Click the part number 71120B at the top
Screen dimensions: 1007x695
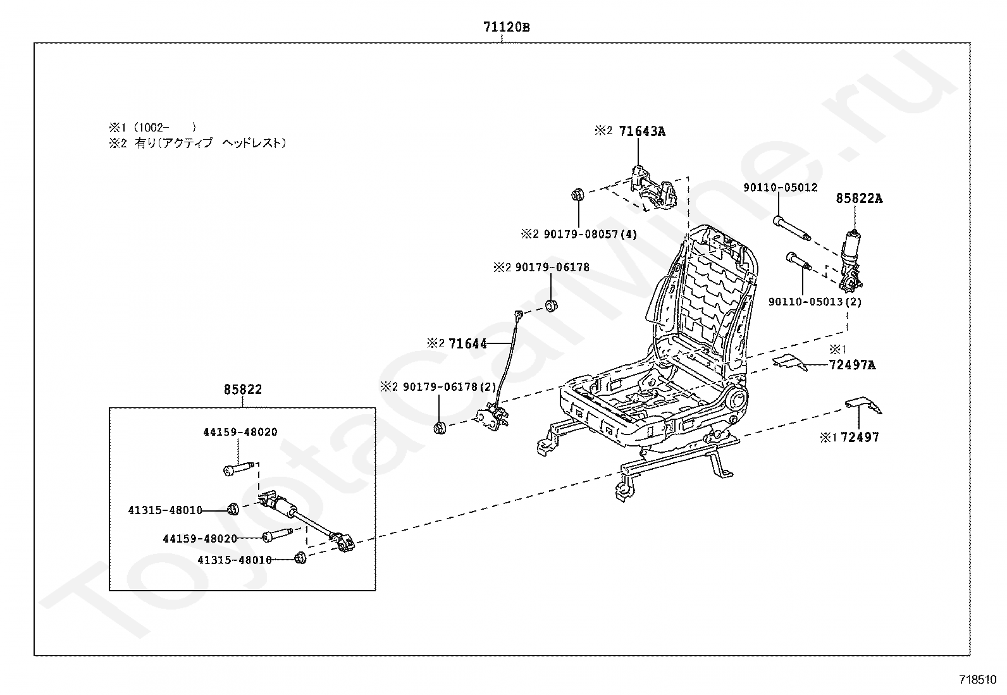coord(507,27)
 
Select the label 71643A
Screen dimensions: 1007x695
coord(642,132)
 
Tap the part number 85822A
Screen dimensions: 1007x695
coord(859,198)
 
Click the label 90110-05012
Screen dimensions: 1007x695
coord(781,187)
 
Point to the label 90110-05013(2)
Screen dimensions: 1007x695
coord(815,302)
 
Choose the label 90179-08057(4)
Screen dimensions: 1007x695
coord(590,234)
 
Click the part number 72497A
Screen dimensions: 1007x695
coord(853,365)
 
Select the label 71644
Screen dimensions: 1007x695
coord(467,344)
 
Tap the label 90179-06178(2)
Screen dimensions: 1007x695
coord(450,387)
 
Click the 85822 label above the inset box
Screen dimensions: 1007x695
coord(243,390)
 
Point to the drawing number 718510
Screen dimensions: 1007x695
coord(978,680)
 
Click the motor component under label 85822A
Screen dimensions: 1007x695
coord(850,260)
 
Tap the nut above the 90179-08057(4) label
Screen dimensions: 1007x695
coord(577,195)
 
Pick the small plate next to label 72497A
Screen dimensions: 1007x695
coord(790,362)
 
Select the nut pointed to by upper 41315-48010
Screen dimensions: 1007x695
coord(232,509)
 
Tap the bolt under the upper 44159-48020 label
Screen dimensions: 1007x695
coord(240,469)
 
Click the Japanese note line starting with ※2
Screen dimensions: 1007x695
coord(198,144)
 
